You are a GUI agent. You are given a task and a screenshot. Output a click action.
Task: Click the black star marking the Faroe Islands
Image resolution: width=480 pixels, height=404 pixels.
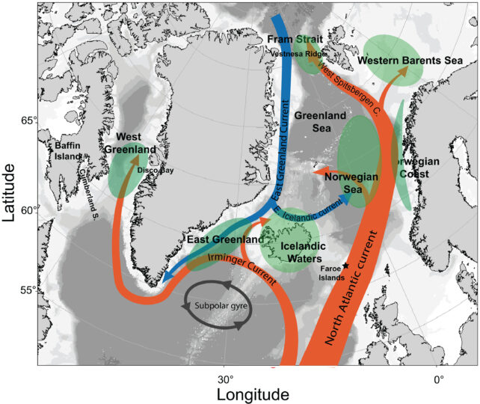point(346,266)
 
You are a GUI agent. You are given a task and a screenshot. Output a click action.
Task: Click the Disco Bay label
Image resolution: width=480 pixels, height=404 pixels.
point(156,171)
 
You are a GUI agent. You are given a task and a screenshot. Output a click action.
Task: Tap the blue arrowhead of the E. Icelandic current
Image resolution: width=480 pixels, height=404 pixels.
point(348,198)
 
